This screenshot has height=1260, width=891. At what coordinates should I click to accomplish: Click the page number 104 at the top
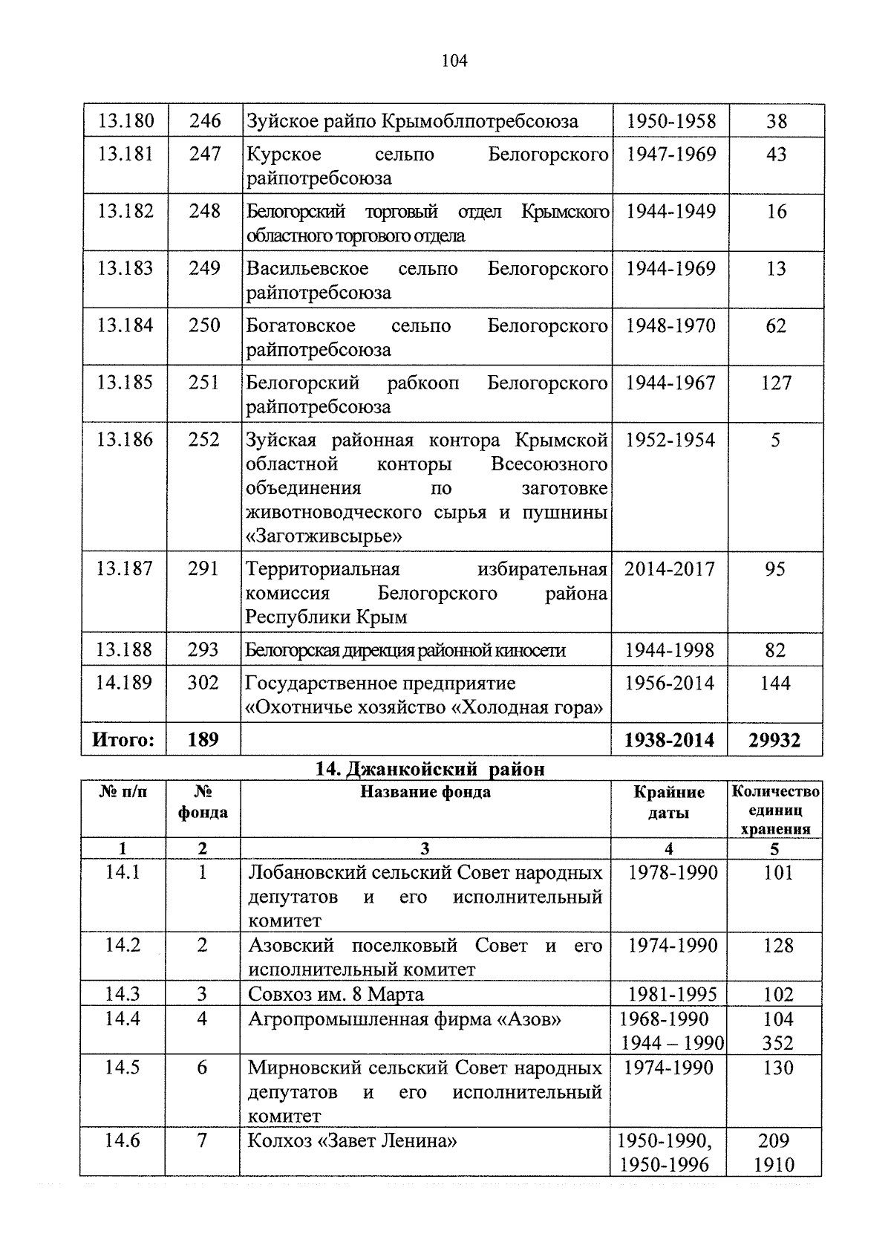pyautogui.click(x=454, y=61)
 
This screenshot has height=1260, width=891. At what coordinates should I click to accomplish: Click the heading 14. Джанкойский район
pyautogui.click(x=430, y=769)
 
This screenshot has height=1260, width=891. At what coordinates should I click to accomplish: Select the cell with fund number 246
pyautogui.click(x=205, y=120)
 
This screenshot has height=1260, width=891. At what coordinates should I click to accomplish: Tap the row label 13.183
pyautogui.click(x=125, y=268)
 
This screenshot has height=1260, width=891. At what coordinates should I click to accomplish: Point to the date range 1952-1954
pyautogui.click(x=670, y=440)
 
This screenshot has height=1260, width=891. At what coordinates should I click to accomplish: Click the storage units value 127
pyautogui.click(x=776, y=383)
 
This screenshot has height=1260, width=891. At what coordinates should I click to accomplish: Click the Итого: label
pyautogui.click(x=124, y=740)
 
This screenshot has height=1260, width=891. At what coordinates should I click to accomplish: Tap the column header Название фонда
pyautogui.click(x=425, y=792)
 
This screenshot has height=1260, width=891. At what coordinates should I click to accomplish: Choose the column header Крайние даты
pyautogui.click(x=669, y=802)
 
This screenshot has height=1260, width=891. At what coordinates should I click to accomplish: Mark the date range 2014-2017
pyautogui.click(x=670, y=569)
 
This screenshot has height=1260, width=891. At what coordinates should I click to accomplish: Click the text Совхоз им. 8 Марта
pyautogui.click(x=336, y=994)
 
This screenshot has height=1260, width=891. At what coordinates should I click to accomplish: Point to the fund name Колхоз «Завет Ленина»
pyautogui.click(x=352, y=1140)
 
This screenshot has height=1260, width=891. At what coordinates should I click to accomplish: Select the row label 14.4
pyautogui.click(x=123, y=1019)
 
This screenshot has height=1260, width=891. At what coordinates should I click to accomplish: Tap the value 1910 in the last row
pyautogui.click(x=774, y=1165)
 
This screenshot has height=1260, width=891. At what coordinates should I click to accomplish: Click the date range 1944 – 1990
pyautogui.click(x=672, y=1043)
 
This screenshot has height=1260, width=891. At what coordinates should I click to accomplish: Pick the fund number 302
pyautogui.click(x=203, y=683)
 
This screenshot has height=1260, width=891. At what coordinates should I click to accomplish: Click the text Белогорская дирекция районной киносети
pyautogui.click(x=405, y=651)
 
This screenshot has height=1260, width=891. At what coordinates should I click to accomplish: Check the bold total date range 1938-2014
pyautogui.click(x=670, y=740)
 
